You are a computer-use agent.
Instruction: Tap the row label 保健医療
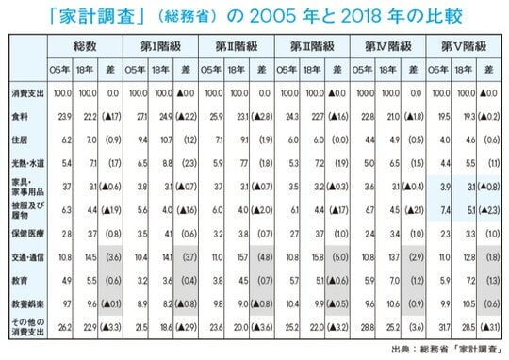(24, 232)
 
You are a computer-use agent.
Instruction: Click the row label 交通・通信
(24, 255)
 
